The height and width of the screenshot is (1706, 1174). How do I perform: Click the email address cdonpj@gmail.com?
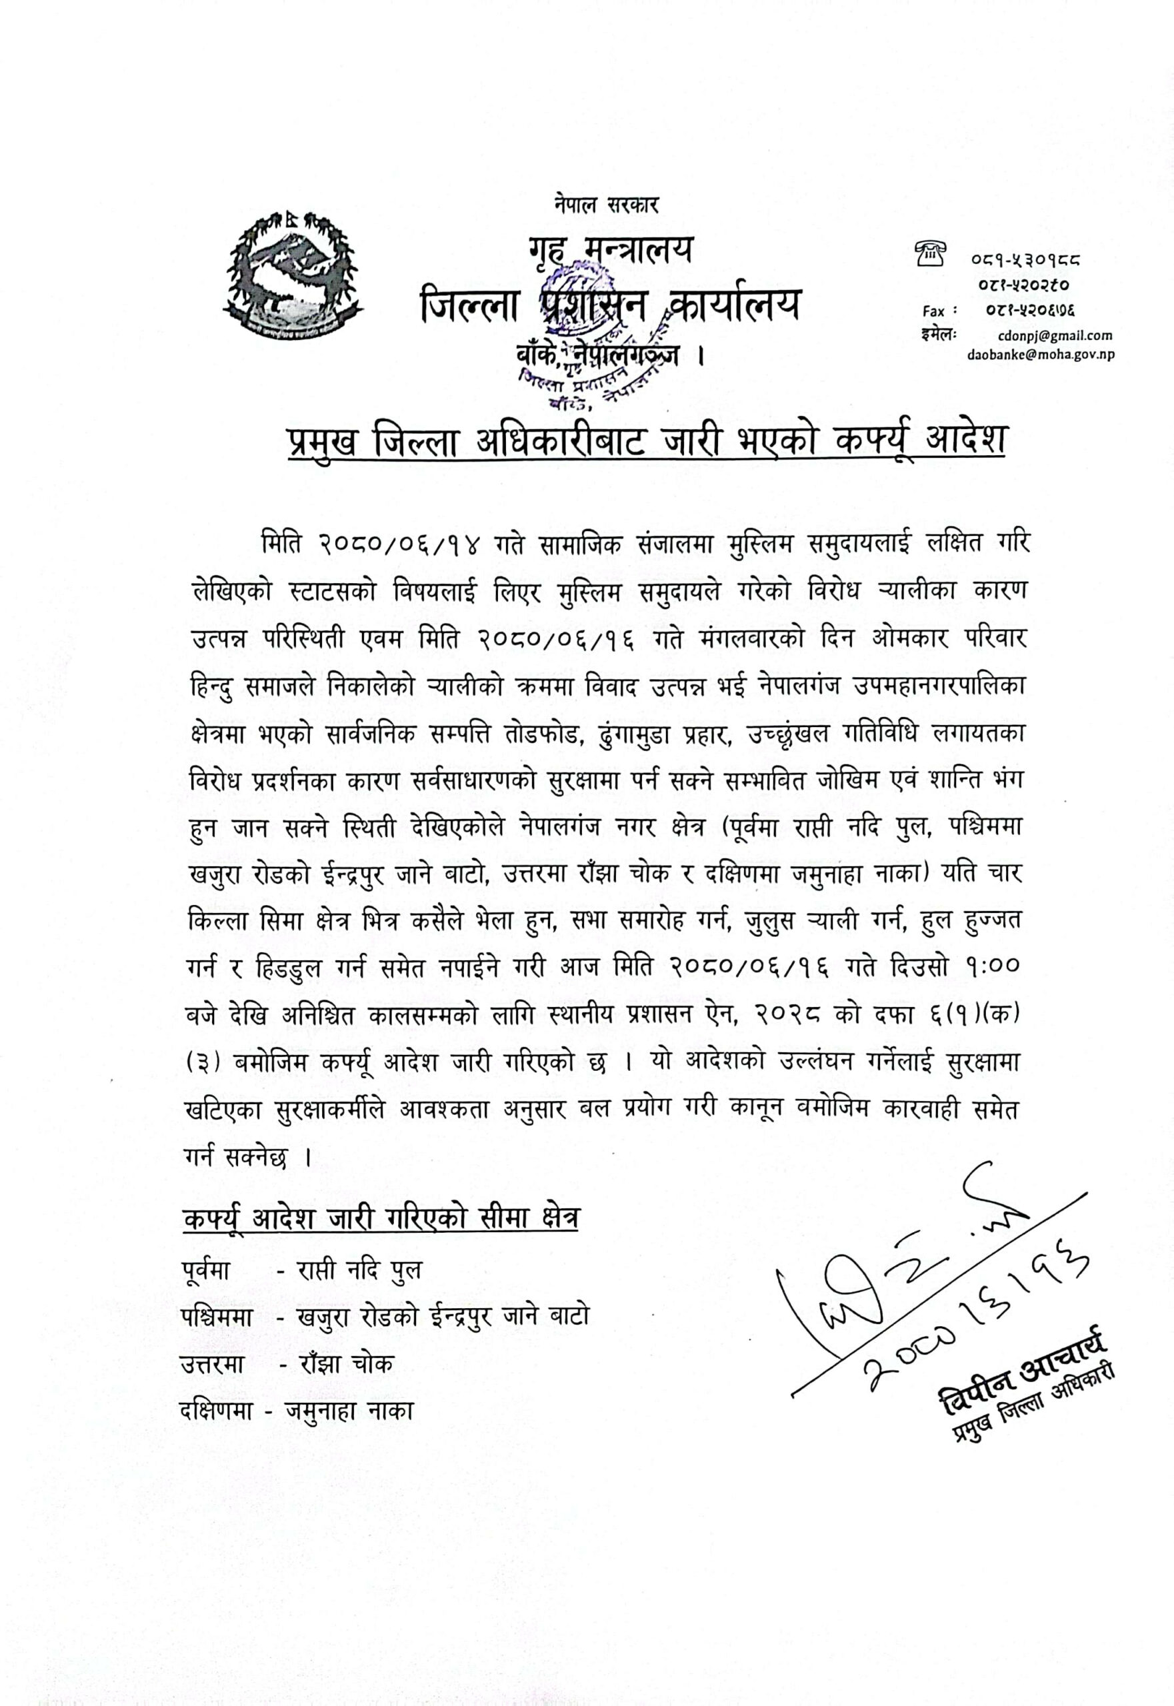click(1055, 335)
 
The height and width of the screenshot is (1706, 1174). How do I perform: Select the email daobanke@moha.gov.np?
click(1040, 355)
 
